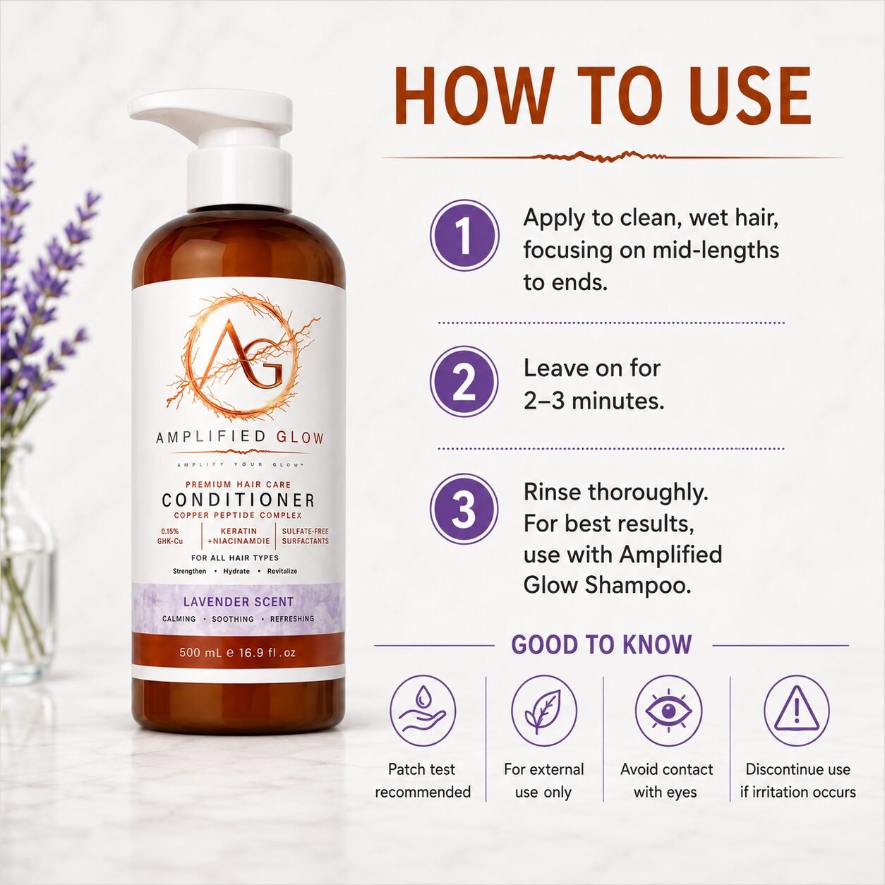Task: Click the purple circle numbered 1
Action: tap(464, 235)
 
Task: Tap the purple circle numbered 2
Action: tap(464, 382)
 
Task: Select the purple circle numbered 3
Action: tap(464, 509)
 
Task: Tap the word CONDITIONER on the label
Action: tap(239, 500)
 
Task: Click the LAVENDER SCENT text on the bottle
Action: tap(239, 601)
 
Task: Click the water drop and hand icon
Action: tap(422, 710)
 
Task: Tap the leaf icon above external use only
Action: tap(543, 710)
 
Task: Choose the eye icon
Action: tap(668, 710)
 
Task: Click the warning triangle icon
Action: tap(796, 710)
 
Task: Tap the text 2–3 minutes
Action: tap(594, 401)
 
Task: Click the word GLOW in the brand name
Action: tap(300, 438)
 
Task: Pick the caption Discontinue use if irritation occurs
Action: tap(797, 781)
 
